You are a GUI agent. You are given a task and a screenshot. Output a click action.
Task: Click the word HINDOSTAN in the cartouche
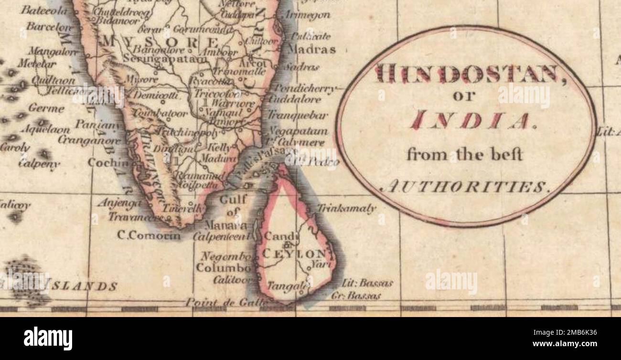pos(466,74)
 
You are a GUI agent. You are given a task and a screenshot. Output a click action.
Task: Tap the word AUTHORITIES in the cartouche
pos(466,187)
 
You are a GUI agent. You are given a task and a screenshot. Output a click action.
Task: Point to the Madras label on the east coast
pos(312,49)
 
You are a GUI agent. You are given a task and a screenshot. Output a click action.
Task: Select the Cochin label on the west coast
pos(108,162)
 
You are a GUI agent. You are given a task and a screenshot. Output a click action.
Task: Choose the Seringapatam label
pos(165,58)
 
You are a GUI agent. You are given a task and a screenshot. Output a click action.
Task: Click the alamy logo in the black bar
pos(48,338)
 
